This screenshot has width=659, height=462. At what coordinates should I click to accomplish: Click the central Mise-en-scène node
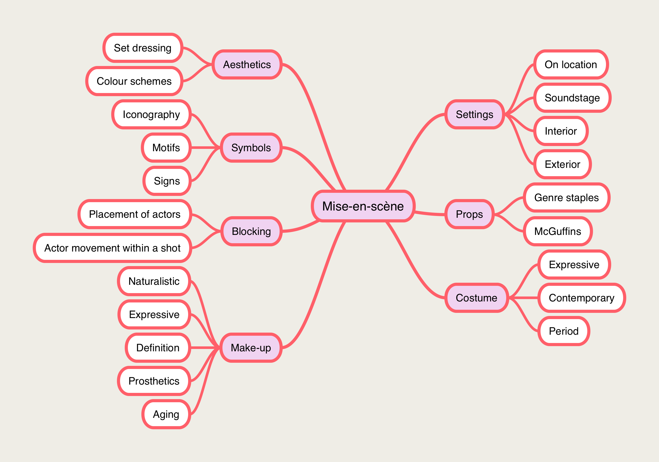pyautogui.click(x=363, y=206)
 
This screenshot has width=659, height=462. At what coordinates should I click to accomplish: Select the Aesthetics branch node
pyautogui.click(x=247, y=64)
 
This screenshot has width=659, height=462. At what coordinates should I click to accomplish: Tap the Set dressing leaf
pyautogui.click(x=143, y=48)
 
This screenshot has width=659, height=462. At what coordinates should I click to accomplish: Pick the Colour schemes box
pyautogui.click(x=134, y=81)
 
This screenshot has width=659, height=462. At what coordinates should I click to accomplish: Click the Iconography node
pyautogui.click(x=151, y=115)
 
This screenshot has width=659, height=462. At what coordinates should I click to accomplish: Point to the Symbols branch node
pyautogui.click(x=251, y=148)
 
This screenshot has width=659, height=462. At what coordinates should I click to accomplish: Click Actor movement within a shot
pyautogui.click(x=112, y=248)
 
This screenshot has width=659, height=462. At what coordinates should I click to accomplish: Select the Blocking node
pyautogui.click(x=251, y=231)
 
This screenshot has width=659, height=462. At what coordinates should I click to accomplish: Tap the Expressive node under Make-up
pyautogui.click(x=154, y=314)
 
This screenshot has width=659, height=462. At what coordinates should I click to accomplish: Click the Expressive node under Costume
pyautogui.click(x=574, y=265)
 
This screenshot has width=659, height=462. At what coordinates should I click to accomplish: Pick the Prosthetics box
pyautogui.click(x=154, y=381)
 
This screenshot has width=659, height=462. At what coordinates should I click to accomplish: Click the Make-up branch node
pyautogui.click(x=251, y=348)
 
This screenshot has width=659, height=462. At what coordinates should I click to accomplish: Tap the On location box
pyautogui.click(x=571, y=64)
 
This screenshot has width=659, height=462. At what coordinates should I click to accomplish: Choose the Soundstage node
pyautogui.click(x=572, y=98)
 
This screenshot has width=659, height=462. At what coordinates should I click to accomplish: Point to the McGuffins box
pyautogui.click(x=557, y=231)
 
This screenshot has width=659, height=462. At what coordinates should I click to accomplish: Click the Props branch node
pyautogui.click(x=469, y=214)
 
